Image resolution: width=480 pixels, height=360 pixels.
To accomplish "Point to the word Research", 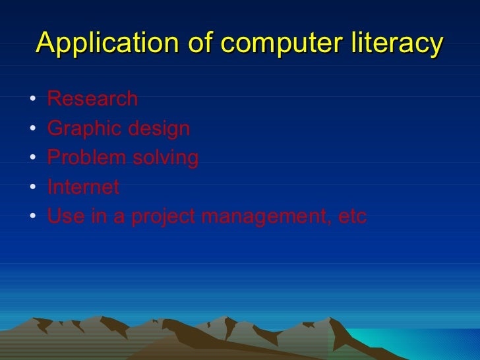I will [x=92, y=99].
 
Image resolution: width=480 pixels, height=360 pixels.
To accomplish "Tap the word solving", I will [x=165, y=158].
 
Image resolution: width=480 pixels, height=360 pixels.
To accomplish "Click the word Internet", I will [x=83, y=187].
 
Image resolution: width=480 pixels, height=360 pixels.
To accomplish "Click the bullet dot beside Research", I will [x=32, y=100].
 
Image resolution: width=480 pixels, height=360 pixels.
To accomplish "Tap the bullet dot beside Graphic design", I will [x=32, y=129].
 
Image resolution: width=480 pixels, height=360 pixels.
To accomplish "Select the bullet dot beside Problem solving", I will [x=32, y=159].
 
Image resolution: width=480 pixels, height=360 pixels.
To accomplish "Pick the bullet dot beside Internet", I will [x=32, y=188].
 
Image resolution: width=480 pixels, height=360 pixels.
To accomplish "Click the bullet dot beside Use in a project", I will [x=32, y=218].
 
